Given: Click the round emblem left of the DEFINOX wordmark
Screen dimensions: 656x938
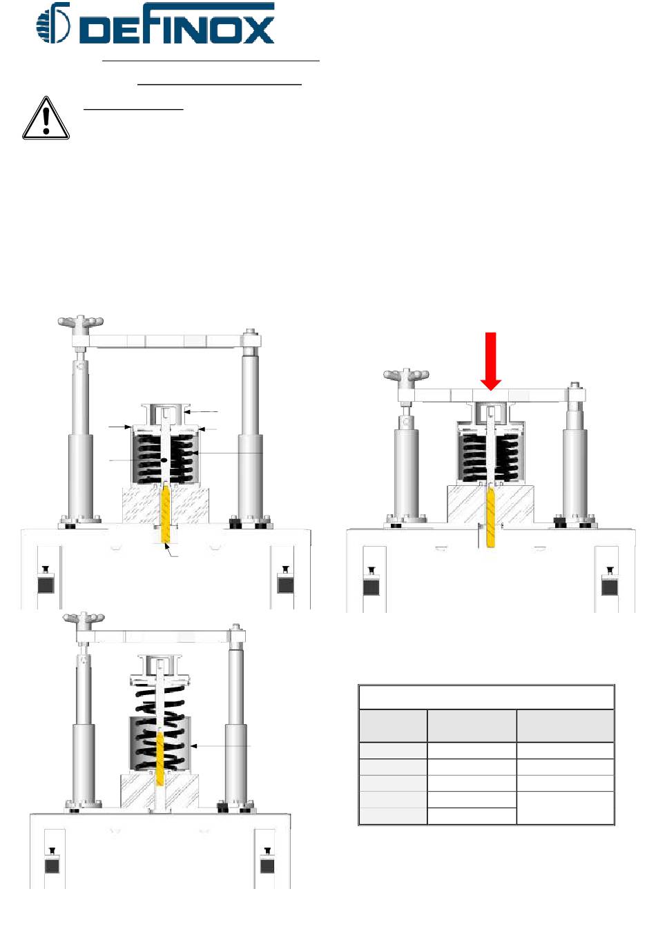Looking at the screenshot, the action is coord(53,23).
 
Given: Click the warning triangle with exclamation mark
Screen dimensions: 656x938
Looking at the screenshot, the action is coord(46,118).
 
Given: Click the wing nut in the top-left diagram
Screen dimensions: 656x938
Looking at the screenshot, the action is coord(80,323).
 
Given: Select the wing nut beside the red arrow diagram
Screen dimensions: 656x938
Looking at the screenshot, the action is coord(406,375).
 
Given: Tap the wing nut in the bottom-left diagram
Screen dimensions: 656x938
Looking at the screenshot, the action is coord(84,618).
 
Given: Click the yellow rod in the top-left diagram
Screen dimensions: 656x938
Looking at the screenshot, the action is coord(166,514).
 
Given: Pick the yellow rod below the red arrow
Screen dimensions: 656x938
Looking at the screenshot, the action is coord(490,518).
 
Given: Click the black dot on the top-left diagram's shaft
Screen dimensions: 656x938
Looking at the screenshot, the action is coord(164,460).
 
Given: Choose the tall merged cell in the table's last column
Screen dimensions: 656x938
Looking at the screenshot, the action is coord(565,808).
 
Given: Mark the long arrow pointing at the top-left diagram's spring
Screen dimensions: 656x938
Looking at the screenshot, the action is coord(228,453).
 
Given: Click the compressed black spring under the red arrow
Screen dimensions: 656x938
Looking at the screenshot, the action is coord(490,457).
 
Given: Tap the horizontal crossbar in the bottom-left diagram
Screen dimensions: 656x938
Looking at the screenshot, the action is coord(160,636).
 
